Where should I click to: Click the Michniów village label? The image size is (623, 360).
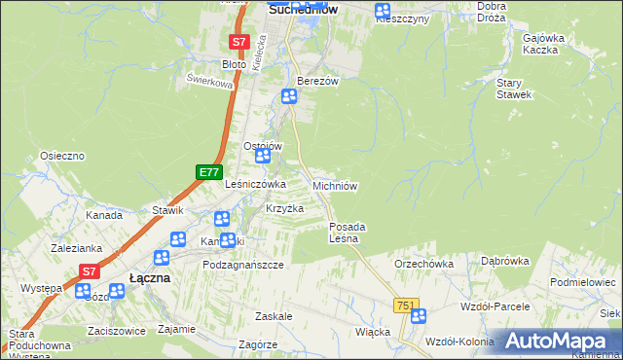[336, 185]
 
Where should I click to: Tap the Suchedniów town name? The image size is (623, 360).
[302, 8]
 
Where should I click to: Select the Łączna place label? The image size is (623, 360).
[149, 277]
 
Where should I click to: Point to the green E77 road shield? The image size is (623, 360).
[207, 172]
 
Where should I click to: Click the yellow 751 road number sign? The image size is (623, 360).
[406, 306]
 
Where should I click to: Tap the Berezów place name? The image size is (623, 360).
[317, 82]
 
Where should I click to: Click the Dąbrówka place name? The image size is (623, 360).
[504, 261]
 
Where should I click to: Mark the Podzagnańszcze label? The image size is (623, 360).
[242, 265]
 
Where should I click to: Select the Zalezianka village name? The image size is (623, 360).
[78, 248]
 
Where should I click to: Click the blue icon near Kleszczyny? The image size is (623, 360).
[383, 10]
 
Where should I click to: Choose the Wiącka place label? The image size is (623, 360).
[373, 331]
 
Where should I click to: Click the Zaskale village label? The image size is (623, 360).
[275, 316]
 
